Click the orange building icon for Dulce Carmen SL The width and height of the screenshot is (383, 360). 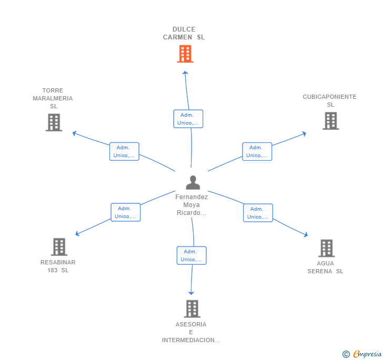click(185, 54)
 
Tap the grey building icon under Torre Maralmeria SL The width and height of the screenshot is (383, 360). click(54, 122)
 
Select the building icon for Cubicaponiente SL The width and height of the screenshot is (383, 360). click(331, 121)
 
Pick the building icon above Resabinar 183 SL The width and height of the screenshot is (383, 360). click(59, 247)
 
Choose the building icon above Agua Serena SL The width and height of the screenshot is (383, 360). click(327, 248)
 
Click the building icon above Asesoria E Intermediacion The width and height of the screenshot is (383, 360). click(192, 308)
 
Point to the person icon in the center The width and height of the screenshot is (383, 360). click(193, 182)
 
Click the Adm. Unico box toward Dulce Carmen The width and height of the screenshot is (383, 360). click(188, 119)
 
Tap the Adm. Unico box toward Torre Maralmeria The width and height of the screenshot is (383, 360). click(124, 151)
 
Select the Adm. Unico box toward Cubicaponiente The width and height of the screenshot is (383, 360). click(257, 151)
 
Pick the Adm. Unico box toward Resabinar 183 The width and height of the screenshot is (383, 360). click(126, 212)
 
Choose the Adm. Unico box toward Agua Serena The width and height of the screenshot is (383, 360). click(258, 213)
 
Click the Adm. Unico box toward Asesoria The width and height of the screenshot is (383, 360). click(191, 255)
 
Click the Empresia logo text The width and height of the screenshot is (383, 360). click(367, 354)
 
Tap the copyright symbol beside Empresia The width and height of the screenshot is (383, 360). click(346, 354)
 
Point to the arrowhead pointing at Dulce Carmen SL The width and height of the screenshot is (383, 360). click(185, 73)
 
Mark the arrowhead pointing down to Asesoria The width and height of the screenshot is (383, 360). click(191, 293)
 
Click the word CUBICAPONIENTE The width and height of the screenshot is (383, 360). click(329, 97)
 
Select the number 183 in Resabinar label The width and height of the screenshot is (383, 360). click(52, 270)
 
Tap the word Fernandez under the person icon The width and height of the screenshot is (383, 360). click(191, 197)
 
